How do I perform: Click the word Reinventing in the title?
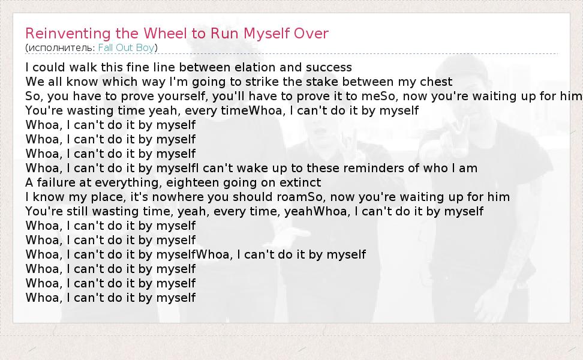coord(68,34)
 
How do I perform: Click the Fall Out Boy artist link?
coord(127,47)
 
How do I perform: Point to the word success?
coord(329,67)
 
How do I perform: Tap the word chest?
coord(436,82)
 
